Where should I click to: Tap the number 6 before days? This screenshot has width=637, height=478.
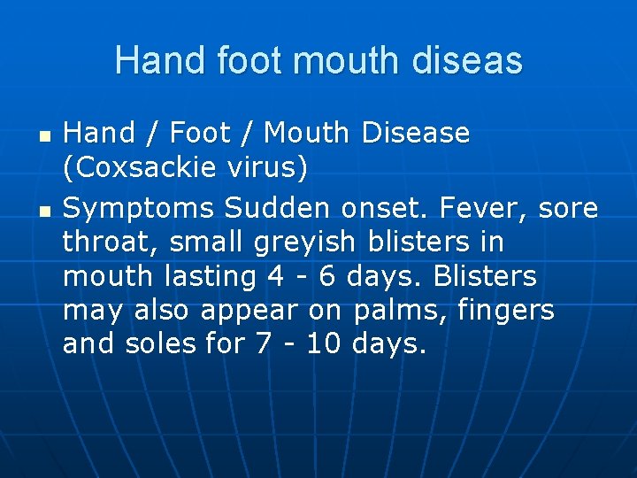326,276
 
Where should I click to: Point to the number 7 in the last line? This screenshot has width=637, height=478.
263,343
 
